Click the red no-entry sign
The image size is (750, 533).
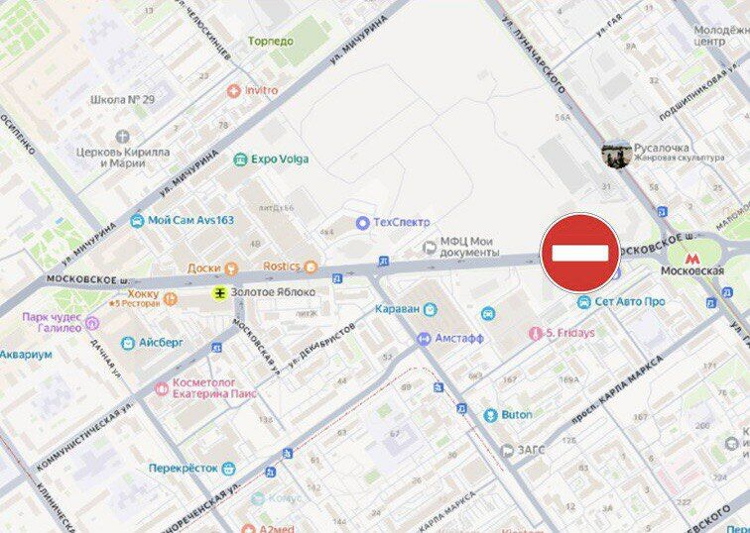coord(580,253)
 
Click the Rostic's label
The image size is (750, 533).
coord(282,266)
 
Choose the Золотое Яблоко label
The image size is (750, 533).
coord(272,292)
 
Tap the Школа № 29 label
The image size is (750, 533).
coord(122,100)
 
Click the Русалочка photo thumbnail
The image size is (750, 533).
coord(616,154)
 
